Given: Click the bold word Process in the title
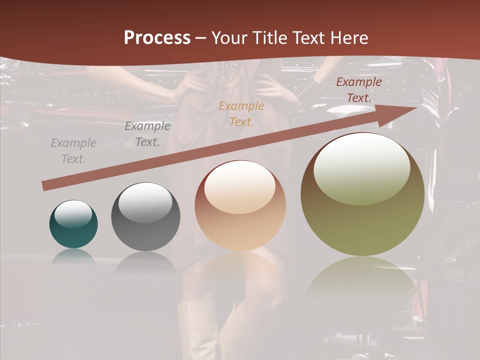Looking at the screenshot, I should (157, 38).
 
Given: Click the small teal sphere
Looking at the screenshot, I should (73, 224).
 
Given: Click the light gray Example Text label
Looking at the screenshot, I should (73, 151).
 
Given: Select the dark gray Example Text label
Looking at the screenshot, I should (147, 134).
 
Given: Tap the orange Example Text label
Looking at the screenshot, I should (241, 113).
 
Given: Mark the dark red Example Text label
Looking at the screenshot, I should (358, 90).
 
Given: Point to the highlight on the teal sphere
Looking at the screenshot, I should (73, 214).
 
